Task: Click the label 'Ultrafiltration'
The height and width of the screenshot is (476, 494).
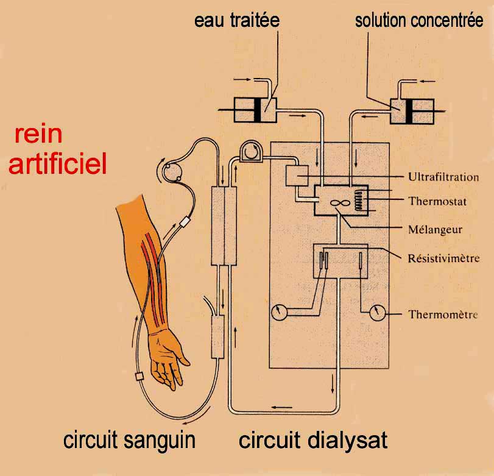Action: tap(443, 177)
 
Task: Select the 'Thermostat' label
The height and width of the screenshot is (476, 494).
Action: tap(437, 201)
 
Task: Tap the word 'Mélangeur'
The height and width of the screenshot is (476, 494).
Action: tap(435, 230)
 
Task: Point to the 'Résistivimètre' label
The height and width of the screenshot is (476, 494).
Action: tap(443, 258)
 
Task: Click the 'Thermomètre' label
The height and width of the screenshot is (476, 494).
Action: tap(443, 314)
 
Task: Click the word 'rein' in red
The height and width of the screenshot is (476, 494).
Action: tap(38, 135)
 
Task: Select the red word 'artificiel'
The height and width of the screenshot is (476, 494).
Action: tap(58, 163)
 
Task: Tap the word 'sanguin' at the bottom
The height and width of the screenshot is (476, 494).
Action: tap(160, 441)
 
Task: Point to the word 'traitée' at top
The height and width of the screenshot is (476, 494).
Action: tap(255, 21)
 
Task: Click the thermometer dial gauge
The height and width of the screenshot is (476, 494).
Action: tap(377, 313)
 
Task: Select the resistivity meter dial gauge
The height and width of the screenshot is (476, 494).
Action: tap(279, 313)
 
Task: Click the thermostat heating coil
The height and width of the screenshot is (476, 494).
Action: tap(358, 201)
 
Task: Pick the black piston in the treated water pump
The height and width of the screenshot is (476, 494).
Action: tap(258, 110)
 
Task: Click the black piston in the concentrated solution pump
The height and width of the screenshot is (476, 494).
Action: tap(409, 112)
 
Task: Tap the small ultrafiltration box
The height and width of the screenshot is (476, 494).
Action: tap(297, 176)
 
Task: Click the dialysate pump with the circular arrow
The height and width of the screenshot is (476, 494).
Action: tap(251, 151)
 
